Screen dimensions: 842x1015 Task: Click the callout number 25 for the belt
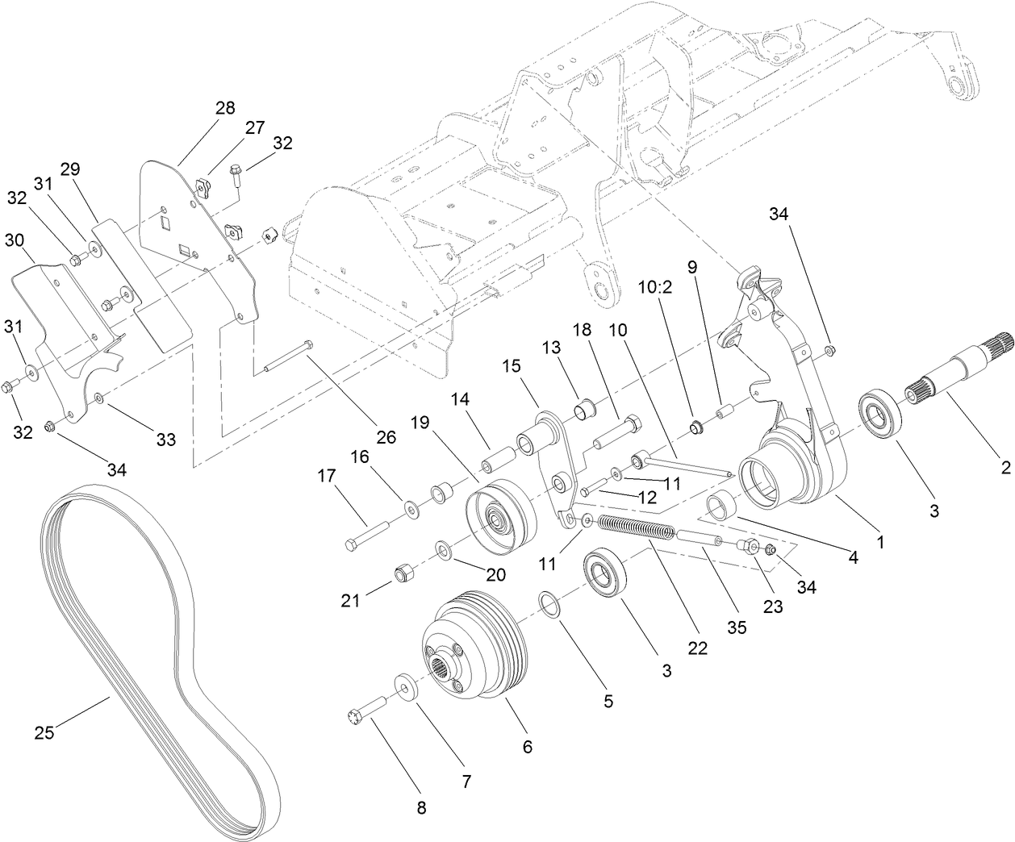point(45,732)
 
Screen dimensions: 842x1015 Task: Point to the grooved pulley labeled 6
point(476,650)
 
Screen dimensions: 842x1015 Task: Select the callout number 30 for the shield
point(15,240)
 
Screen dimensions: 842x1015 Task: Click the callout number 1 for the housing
point(881,543)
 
